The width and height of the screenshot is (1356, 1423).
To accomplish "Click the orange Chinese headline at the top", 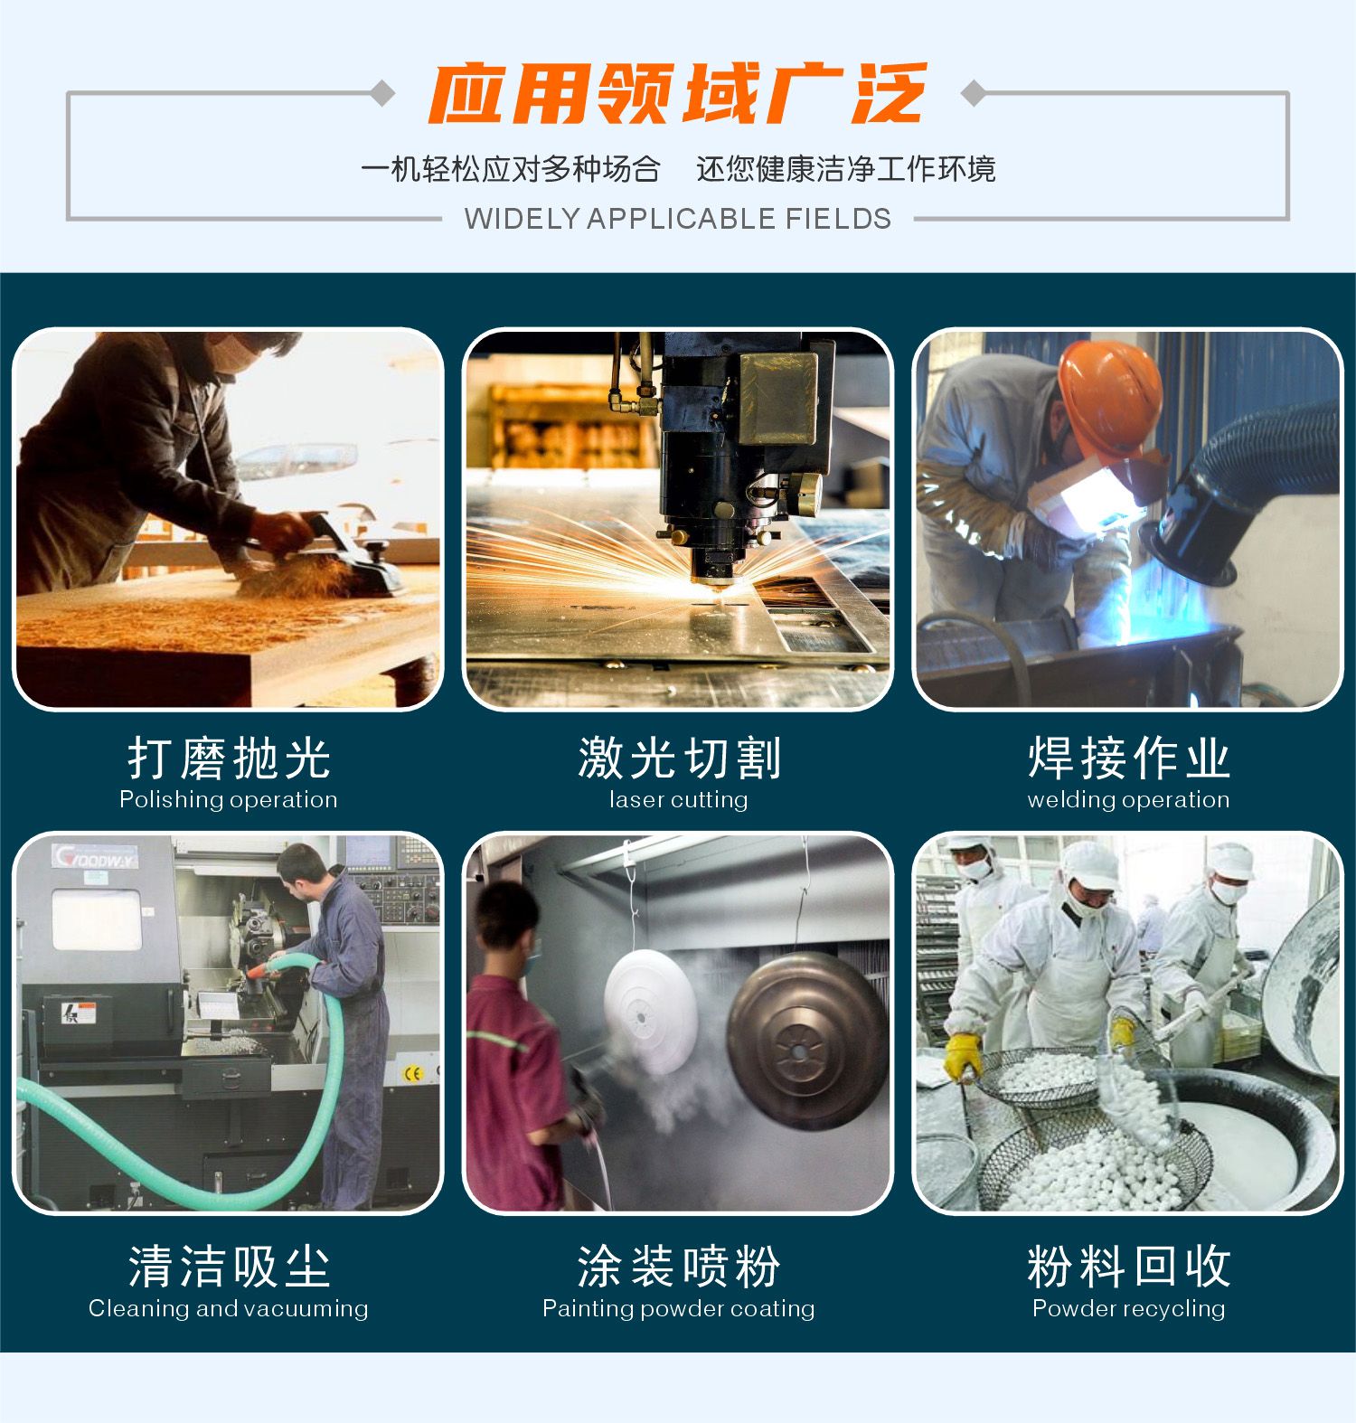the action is [677, 93].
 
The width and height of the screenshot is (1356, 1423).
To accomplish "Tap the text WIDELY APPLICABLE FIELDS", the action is [677, 219].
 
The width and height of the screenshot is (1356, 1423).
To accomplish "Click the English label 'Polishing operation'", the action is [228, 800].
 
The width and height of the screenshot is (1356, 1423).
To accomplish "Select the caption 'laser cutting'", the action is [678, 800].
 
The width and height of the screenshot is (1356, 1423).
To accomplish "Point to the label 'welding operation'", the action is [1128, 800].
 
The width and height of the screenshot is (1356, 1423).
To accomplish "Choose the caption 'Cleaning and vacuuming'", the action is [228, 1308].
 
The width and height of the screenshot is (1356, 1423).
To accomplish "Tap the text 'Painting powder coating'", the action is [678, 1308].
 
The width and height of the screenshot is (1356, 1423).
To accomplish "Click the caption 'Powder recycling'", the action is [1128, 1308].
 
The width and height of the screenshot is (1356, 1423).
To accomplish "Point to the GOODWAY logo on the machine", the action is [95, 855].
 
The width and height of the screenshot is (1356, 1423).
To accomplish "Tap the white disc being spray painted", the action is [650, 1010].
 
